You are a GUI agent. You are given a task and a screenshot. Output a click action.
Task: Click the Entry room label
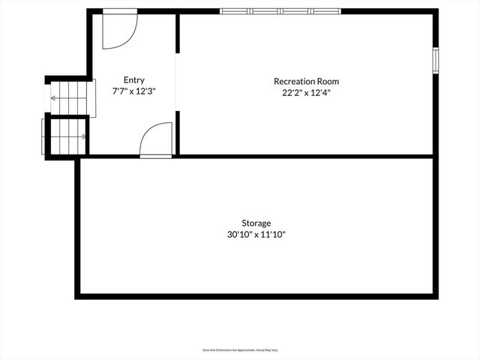tap(134, 80)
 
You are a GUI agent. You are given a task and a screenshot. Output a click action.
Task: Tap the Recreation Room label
tap(306, 81)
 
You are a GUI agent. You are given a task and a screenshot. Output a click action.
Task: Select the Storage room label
tap(256, 223)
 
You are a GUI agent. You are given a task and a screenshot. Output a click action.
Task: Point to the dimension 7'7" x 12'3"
tap(134, 91)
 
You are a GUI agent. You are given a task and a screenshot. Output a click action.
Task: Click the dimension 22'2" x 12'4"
tap(306, 92)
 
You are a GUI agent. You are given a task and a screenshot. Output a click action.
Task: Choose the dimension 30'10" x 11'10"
tap(256, 234)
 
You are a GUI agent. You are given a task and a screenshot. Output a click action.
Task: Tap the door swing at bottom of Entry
tap(157, 139)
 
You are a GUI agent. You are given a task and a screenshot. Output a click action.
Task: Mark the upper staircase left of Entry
tap(70, 97)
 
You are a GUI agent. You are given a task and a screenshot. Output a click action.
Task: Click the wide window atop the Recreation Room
tap(280, 11)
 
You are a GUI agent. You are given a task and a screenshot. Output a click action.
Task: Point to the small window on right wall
tap(434, 61)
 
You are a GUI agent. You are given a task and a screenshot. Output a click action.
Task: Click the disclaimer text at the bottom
tap(239, 349)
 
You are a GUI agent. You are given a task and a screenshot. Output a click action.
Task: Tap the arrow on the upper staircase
tap(54, 97)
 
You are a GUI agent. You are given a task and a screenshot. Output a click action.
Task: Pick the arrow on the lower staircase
tap(82, 136)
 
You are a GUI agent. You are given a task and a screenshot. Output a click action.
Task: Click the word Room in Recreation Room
tap(328, 81)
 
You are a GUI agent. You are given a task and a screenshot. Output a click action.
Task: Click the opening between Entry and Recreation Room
tap(177, 82)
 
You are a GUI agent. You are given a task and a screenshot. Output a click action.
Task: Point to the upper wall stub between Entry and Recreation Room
tap(177, 34)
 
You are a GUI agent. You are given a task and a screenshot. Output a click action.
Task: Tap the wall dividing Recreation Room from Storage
tap(300, 156)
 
